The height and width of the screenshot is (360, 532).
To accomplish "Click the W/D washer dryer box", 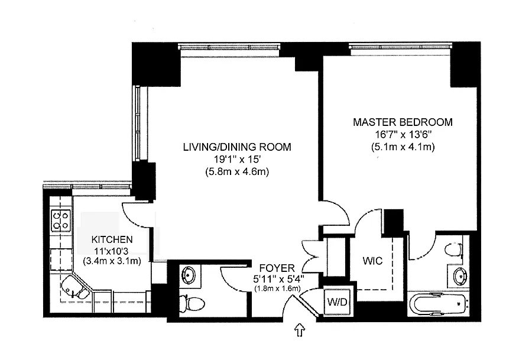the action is (x=338, y=301).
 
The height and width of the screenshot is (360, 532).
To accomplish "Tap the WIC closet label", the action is (x=372, y=261).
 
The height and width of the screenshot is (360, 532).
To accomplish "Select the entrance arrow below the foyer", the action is (x=300, y=330).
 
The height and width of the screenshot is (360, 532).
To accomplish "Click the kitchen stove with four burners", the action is (x=61, y=220).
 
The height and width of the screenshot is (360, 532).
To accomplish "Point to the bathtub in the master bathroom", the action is (x=439, y=304).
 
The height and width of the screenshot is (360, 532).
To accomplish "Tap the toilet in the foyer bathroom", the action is (x=192, y=304).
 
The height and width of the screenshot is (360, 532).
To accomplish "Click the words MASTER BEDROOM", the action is (x=403, y=122).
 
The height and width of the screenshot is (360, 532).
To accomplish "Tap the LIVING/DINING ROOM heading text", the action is (x=237, y=147).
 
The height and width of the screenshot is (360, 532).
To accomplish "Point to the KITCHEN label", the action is (x=112, y=239).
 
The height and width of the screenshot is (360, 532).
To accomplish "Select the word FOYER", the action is (x=277, y=268).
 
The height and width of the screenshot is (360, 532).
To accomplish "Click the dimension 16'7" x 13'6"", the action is (x=403, y=135).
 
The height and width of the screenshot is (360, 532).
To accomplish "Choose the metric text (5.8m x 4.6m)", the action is (x=237, y=171).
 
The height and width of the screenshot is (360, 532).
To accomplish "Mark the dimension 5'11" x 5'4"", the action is (x=278, y=279).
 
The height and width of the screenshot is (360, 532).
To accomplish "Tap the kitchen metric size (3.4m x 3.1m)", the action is (x=112, y=261).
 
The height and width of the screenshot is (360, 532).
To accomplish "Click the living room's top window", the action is (x=229, y=47).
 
